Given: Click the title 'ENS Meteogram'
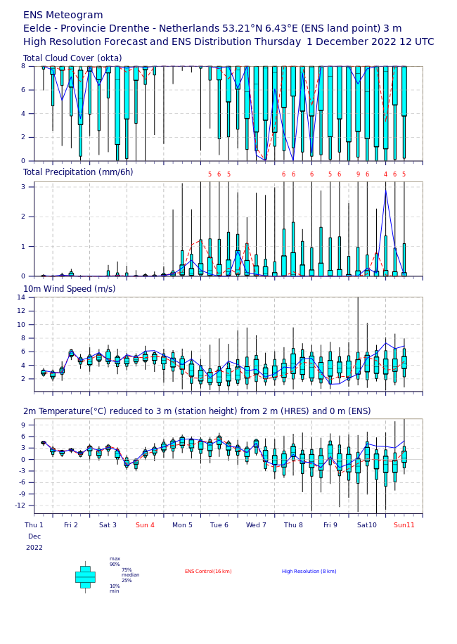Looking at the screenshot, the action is pyautogui.click(x=63, y=15).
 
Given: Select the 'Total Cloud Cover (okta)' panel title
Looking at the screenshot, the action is pyautogui.click(x=72, y=58).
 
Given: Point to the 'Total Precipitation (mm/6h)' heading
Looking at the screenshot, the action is pyautogui.click(x=78, y=172).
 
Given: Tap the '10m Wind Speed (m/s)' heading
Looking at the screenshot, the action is pyautogui.click(x=70, y=289).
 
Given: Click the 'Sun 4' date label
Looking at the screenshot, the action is pyautogui.click(x=145, y=525).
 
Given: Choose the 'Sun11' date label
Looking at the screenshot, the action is pyautogui.click(x=404, y=525).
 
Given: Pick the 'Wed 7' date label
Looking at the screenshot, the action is pyautogui.click(x=256, y=525).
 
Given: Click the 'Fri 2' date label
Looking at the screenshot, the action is pyautogui.click(x=71, y=525).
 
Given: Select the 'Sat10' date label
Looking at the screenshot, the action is pyautogui.click(x=367, y=525).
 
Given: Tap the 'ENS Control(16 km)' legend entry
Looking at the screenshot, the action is pyautogui.click(x=208, y=572).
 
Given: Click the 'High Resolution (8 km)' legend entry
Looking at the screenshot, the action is pyautogui.click(x=309, y=572).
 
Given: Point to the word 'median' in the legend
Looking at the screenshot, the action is pyautogui.click(x=131, y=575).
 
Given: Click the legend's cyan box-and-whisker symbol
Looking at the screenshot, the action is pyautogui.click(x=85, y=577).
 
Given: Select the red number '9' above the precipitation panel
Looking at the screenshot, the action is pyautogui.click(x=358, y=174).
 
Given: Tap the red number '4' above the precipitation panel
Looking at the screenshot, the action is pyautogui.click(x=385, y=174).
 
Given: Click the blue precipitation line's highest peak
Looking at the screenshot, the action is pyautogui.click(x=385, y=190).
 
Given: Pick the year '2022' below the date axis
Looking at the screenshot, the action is pyautogui.click(x=34, y=548).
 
